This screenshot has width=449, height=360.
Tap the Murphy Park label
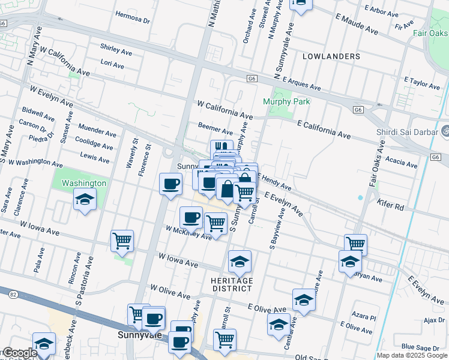286,101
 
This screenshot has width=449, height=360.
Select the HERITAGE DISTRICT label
232,284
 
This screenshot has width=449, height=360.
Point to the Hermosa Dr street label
132,19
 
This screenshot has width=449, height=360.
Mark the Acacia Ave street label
402,161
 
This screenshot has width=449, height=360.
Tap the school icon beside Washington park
85,199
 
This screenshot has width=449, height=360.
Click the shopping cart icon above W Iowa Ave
122,241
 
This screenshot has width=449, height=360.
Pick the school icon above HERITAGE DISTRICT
240,262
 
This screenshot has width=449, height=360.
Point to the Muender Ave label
97,132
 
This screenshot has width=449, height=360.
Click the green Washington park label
83,183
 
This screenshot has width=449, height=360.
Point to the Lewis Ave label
95,160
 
